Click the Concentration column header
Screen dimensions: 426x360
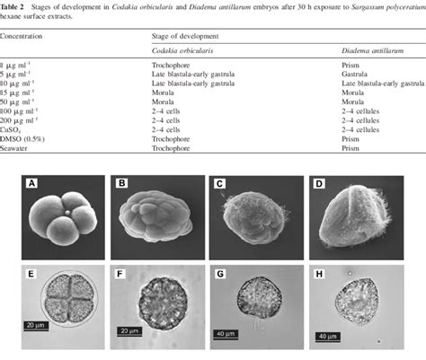[x=24, y=39]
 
